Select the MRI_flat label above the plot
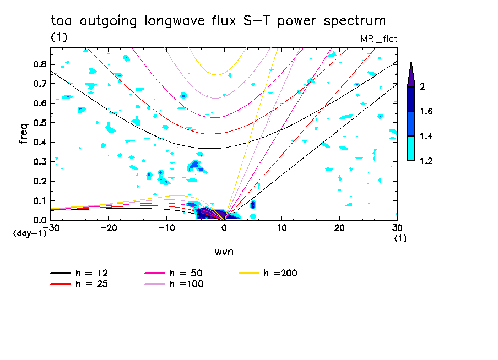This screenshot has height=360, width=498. point(379,39)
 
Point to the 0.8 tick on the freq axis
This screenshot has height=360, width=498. point(40,64)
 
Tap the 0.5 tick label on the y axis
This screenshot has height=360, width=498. point(40,123)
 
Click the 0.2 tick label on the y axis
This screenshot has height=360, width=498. point(40,181)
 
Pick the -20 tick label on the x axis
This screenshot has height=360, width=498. point(109,228)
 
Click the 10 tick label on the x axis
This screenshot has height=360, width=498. point(282,228)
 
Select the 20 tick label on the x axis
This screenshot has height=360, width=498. point(339,228)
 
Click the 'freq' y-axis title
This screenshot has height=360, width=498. point(24,134)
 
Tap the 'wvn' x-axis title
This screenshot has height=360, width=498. point(224,252)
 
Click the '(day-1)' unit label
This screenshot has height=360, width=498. point(29,233)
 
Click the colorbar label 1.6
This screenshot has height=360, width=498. point(426,111)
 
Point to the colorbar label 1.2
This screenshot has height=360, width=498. point(426,161)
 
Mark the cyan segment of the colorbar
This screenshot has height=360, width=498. point(411,148)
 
